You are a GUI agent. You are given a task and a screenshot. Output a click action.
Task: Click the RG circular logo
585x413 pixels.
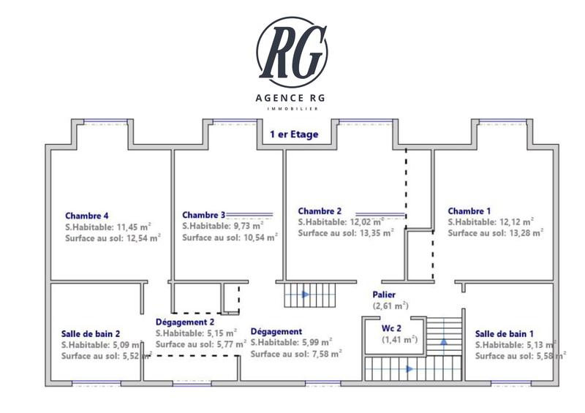point(292,50)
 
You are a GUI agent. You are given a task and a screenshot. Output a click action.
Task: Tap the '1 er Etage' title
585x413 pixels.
point(293,135)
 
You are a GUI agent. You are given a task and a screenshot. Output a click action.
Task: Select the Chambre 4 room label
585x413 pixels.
point(87,216)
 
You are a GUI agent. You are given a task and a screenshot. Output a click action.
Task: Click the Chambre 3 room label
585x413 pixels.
point(203,215)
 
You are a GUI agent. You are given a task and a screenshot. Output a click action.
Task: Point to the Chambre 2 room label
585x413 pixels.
point(320,211)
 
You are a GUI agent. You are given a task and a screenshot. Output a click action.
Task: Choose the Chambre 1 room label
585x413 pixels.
point(469,211)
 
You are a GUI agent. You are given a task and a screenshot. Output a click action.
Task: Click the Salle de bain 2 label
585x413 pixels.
point(91,333)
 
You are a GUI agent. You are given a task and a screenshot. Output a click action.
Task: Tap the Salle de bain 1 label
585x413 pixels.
point(505,333)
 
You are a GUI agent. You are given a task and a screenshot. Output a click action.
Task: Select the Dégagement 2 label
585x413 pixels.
point(185,322)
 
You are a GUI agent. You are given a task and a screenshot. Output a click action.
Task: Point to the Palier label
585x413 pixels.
point(384,295)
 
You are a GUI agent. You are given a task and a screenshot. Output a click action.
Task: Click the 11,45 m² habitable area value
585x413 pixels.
point(132,227)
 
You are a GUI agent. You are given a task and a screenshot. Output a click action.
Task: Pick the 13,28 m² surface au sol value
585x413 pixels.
point(525,233)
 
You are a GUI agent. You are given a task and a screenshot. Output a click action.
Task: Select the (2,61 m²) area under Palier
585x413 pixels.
point(390,306)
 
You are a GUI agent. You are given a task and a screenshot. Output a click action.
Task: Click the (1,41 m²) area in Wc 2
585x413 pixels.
point(399,339)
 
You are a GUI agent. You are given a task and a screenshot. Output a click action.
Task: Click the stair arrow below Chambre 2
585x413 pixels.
point(305,295)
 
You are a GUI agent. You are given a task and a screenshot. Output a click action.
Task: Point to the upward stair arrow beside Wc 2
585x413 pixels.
point(443,341)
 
